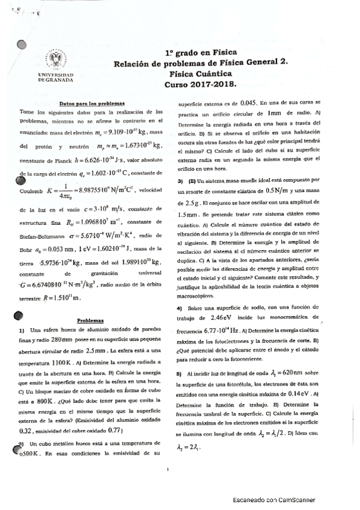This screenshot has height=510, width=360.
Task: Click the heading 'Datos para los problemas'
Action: point(93,104)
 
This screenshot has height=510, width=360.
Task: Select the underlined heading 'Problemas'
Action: point(93,321)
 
